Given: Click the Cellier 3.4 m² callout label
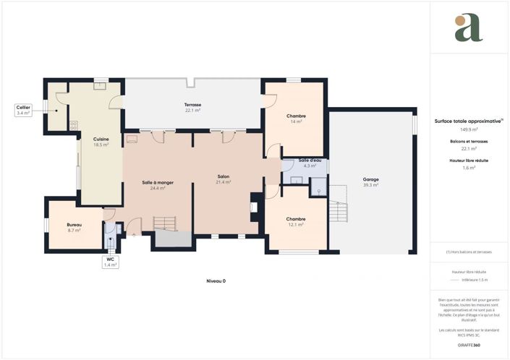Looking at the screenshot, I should (23, 111).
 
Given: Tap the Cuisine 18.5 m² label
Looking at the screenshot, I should (101, 142).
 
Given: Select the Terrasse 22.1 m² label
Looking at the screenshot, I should (192, 108).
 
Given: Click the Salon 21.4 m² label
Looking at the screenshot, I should (223, 179).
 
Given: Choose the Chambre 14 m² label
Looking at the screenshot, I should (295, 119).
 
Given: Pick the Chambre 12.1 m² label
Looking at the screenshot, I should (295, 221).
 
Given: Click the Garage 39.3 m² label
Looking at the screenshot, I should (370, 181).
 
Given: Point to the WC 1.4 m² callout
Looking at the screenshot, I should (110, 262).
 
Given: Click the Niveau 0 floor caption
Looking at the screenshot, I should (216, 280).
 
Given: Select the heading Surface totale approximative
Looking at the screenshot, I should (468, 121).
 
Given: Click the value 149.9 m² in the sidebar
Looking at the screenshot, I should (468, 129).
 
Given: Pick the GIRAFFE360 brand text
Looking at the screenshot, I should (468, 345).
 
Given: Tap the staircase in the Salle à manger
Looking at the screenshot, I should (166, 223).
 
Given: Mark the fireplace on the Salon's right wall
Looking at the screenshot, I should (253, 207).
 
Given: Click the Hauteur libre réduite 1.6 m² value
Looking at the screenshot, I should (468, 167).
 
